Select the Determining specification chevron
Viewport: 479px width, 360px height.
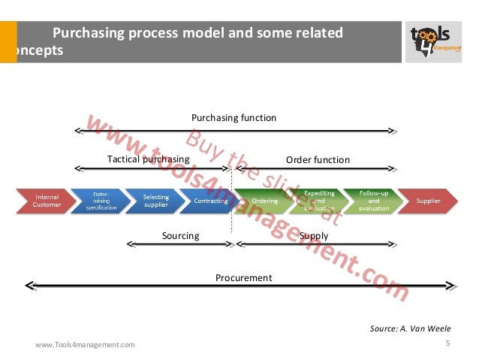click(101, 201)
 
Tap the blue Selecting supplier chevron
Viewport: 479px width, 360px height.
click(155, 201)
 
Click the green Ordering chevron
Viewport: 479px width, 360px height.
click(264, 201)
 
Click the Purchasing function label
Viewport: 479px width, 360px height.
click(233, 118)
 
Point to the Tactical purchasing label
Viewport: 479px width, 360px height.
click(148, 159)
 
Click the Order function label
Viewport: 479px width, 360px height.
click(318, 160)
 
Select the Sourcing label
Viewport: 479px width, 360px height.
click(181, 236)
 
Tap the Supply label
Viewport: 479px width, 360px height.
click(314, 236)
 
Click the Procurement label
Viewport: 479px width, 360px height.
click(243, 278)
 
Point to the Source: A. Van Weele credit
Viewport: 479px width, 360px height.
click(411, 328)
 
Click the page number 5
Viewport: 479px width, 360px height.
click(447, 343)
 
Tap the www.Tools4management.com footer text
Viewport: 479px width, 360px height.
click(86, 345)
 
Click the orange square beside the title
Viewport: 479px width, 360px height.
click(8, 42)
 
